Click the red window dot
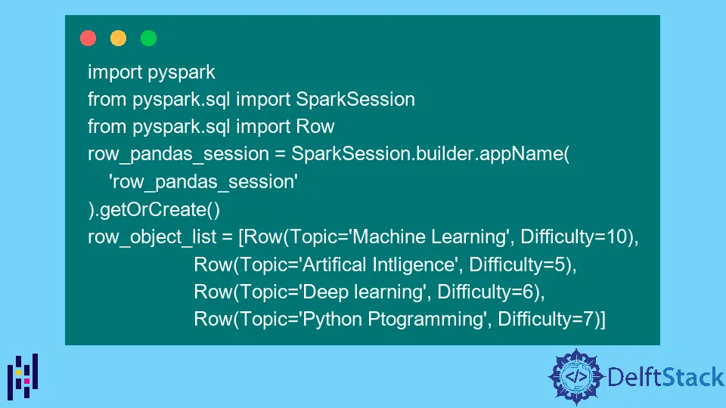coord(88,38)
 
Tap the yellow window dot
coord(118,38)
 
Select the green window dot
coord(148,38)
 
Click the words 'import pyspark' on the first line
coord(151,73)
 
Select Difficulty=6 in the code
coord(491,292)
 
